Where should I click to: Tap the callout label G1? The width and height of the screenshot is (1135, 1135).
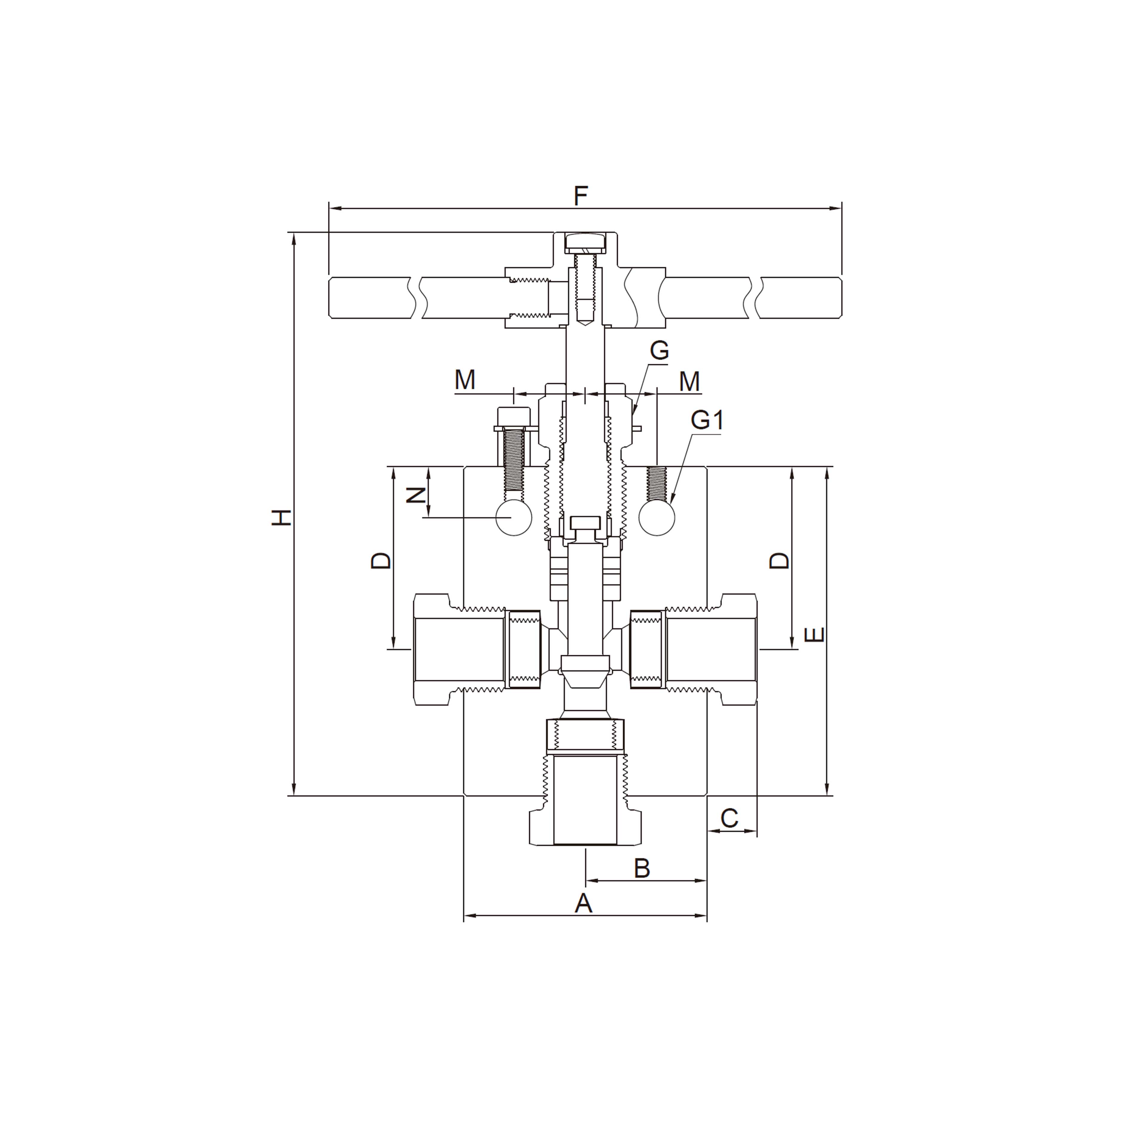[x=707, y=421]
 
